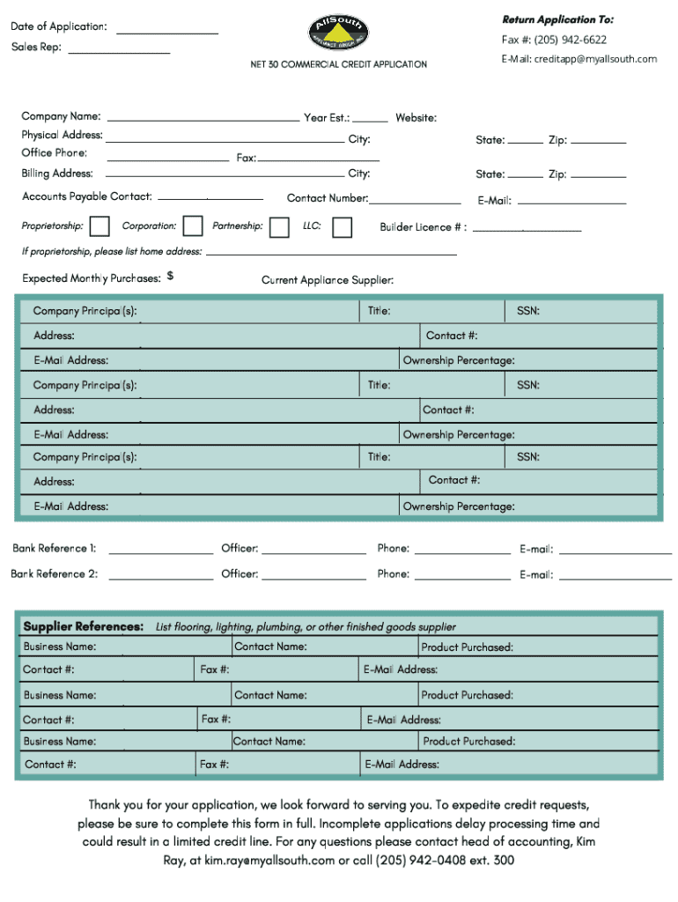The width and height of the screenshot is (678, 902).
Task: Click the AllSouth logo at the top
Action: pos(338,33)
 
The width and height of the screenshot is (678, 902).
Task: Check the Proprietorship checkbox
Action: pos(100,227)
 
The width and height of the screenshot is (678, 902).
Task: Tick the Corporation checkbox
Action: pos(191,227)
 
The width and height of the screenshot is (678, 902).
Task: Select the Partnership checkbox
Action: pos(279,227)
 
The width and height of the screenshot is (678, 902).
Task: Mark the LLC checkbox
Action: pos(343,227)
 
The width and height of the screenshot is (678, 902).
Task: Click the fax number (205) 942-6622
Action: pos(569,40)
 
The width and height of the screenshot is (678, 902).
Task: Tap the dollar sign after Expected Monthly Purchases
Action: pos(170,277)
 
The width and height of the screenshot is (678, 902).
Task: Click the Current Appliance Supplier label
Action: pos(328,280)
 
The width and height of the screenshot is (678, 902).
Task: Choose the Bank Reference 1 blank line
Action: pos(161,551)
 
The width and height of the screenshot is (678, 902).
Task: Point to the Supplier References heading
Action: pos(84,626)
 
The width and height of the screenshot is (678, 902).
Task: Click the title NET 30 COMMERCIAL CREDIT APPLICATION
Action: pos(339,64)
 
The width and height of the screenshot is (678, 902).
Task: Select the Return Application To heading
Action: pos(558,19)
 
